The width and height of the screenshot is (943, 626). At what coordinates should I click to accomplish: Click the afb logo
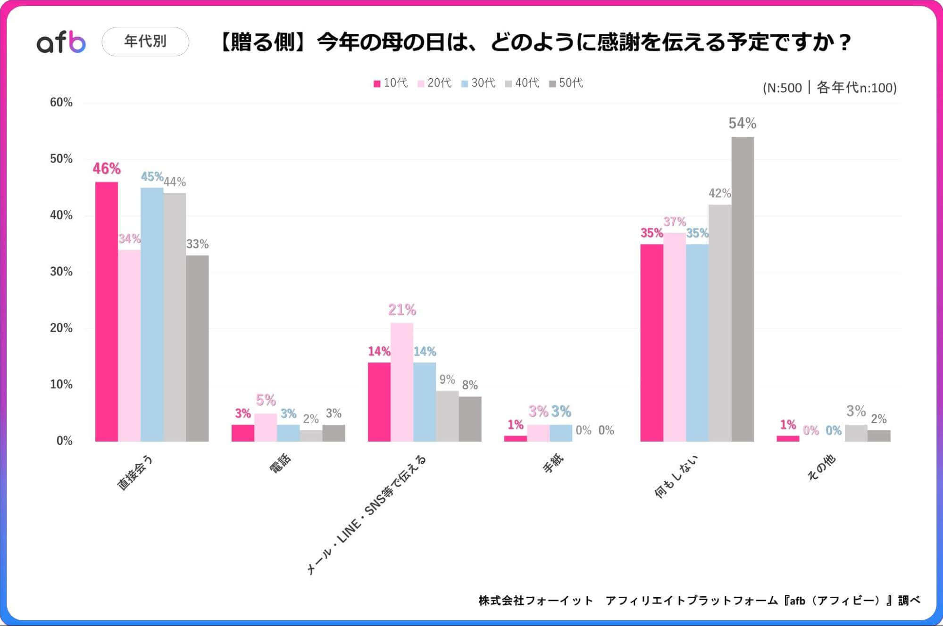pos(61,42)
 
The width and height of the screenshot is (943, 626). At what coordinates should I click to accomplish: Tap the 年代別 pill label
pos(145,41)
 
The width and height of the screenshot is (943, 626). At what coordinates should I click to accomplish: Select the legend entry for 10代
pos(391,83)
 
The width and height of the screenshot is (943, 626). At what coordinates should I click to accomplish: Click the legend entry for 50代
pos(566,83)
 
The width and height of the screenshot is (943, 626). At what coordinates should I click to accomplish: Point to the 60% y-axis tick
pos(61,103)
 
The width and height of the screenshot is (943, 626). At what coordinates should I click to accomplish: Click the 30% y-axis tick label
pos(61,272)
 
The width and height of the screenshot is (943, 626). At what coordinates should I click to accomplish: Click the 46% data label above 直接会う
pos(107,169)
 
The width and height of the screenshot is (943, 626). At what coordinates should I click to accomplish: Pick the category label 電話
pos(281,464)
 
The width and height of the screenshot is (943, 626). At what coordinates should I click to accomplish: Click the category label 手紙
pos(553,464)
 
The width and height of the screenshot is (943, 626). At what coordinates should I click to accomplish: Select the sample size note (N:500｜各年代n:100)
pos(829,88)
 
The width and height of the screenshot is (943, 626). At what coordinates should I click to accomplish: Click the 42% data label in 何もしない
pos(719,193)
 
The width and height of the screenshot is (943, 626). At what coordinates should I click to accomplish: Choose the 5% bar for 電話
pos(266,427)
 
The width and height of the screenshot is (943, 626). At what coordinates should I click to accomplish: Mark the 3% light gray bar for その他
pos(856,433)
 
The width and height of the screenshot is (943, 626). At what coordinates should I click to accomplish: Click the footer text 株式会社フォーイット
pos(535,601)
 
